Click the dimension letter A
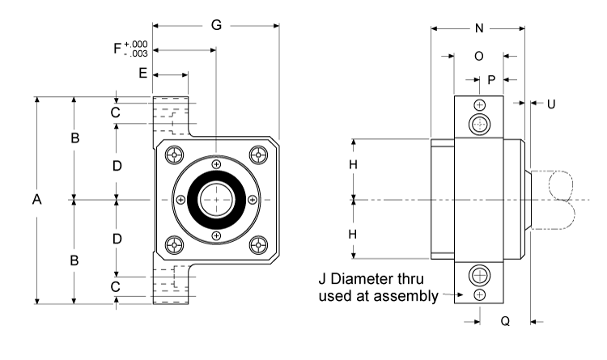pos(36,201)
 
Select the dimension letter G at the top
pos(216,25)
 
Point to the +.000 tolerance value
pos(137,45)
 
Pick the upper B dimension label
pos(74,139)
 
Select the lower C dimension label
pos(116,286)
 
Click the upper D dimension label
pos(117,166)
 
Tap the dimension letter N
pos(478,28)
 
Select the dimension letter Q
pos(504,321)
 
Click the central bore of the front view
pos(216,200)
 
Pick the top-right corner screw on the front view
pos(258,155)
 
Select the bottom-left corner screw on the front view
pos(173,244)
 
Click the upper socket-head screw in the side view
pos(481,125)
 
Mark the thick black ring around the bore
pos(195,200)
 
